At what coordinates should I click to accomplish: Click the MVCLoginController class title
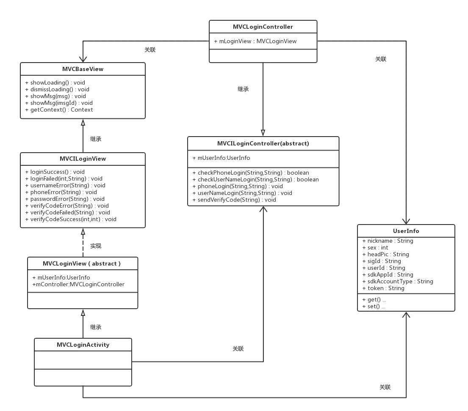click(x=263, y=27)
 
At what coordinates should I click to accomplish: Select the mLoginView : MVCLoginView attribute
click(x=255, y=41)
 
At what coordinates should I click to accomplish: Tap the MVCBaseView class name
click(x=83, y=69)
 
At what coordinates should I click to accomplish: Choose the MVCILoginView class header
click(x=83, y=159)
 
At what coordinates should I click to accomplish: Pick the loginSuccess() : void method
click(x=55, y=172)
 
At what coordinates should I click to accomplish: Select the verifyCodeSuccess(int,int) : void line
click(x=71, y=219)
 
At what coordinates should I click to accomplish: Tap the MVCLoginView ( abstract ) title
click(x=82, y=264)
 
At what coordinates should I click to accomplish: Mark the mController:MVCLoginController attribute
click(x=78, y=284)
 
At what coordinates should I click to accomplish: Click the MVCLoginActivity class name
click(x=83, y=345)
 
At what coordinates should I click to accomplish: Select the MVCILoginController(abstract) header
click(x=263, y=144)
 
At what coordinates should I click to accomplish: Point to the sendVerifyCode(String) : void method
click(x=234, y=200)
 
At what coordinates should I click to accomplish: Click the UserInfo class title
click(x=406, y=231)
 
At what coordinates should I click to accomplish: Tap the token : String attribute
click(x=383, y=288)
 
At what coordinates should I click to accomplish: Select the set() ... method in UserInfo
click(x=374, y=306)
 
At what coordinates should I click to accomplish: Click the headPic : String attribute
click(x=386, y=254)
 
